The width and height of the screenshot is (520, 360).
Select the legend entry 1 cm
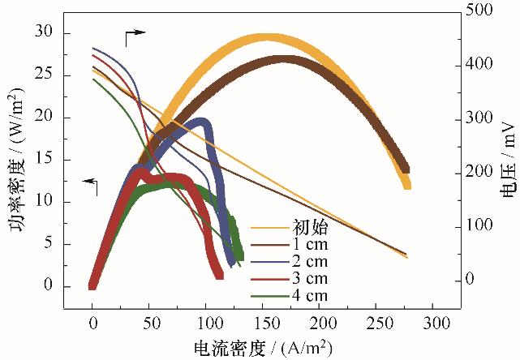311,244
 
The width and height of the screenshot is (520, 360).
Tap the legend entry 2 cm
311,261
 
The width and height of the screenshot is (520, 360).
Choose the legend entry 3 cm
311,278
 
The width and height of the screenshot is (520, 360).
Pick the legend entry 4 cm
311,295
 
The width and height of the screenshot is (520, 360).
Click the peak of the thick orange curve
265,37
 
